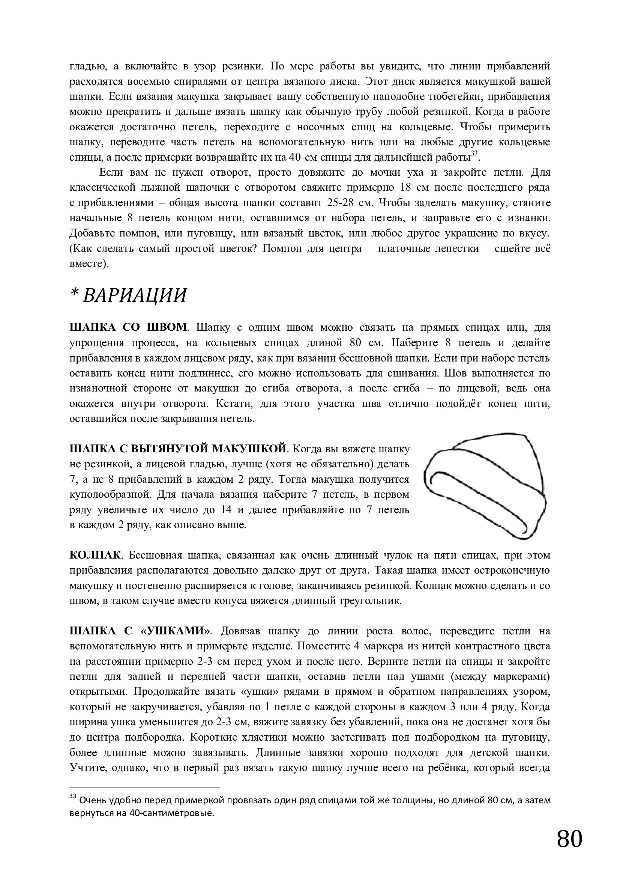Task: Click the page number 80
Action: coord(570,839)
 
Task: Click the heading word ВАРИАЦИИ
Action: coord(135,295)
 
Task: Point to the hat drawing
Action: coord(485,486)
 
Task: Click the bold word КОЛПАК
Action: coord(95,555)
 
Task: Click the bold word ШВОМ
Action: coord(167,328)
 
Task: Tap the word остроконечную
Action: coord(512,571)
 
